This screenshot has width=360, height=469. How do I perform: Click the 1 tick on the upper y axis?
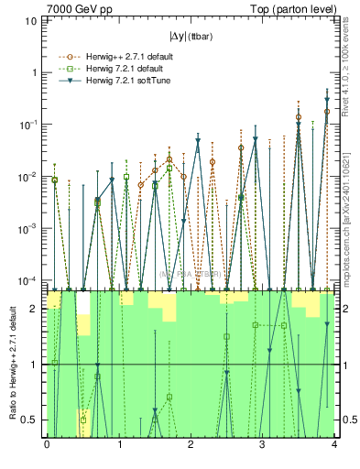click(35, 71)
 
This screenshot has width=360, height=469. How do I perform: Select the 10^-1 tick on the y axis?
click(30, 124)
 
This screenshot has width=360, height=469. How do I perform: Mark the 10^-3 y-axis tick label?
click(30, 228)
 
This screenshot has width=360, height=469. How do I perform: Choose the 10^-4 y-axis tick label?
click(30, 279)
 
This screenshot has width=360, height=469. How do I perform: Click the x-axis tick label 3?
click(263, 444)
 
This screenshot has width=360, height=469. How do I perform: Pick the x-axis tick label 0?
click(47, 444)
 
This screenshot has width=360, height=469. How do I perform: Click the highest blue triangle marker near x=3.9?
click(327, 100)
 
